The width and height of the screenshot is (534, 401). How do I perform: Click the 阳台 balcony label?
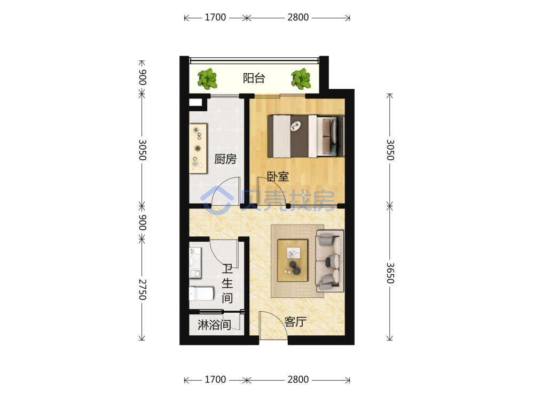(254, 78)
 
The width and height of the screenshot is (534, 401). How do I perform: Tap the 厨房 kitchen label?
(225, 159)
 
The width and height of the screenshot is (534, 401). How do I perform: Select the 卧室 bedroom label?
(278, 176)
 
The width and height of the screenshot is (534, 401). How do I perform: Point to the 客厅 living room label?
(295, 321)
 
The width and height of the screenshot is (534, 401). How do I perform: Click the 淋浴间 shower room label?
(214, 325)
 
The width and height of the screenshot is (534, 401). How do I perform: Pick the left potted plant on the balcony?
(207, 79)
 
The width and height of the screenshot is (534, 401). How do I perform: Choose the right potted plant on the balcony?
(301, 79)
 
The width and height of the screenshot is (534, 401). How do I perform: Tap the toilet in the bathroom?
(201, 293)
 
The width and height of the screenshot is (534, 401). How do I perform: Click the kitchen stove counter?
(198, 149)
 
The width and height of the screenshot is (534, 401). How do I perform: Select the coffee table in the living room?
(293, 260)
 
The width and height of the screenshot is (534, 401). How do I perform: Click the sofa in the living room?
(329, 261)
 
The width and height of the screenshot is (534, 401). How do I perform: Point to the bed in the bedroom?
(305, 136)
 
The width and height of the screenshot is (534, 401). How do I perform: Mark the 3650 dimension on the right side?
(390, 273)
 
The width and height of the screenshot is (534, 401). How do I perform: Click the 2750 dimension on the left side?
(143, 290)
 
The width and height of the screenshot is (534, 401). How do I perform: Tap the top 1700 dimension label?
(215, 18)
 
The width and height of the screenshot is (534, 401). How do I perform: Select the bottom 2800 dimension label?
(298, 380)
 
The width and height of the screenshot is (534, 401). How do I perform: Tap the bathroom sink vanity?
(195, 263)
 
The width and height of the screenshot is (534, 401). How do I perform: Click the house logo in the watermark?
(217, 200)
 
